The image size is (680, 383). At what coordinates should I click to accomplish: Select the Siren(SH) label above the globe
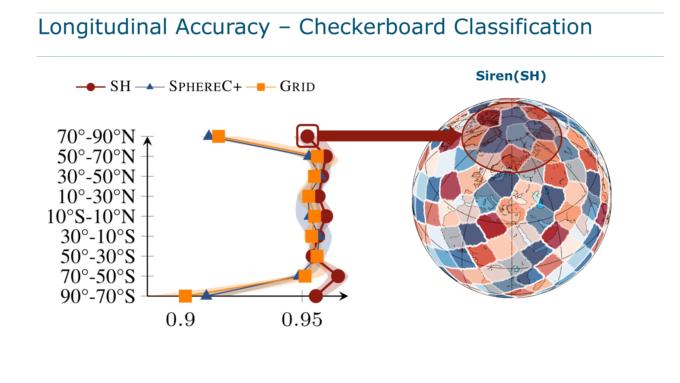511,76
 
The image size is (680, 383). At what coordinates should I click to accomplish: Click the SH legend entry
103,86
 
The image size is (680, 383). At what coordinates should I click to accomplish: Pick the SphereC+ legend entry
188,86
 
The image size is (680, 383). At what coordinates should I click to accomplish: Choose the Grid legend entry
281,86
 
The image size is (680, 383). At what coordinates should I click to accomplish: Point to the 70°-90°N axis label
96,137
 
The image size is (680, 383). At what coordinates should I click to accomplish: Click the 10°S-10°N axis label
91,217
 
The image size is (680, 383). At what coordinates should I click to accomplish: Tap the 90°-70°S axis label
98,296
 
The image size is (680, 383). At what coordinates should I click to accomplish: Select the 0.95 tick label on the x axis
302,320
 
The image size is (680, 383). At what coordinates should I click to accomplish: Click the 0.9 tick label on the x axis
180,320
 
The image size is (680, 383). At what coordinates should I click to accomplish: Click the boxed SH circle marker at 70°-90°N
308,136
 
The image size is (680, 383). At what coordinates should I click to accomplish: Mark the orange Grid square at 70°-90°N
219,136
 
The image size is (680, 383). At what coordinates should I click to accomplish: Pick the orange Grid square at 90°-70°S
185,296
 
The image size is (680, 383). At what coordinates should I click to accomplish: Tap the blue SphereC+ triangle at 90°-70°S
206,295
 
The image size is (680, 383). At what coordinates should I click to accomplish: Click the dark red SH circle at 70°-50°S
338,276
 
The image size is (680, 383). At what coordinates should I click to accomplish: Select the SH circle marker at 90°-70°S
316,296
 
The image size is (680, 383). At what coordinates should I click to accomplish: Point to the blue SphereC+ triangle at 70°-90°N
209,135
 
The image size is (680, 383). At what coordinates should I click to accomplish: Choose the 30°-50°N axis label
96,177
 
